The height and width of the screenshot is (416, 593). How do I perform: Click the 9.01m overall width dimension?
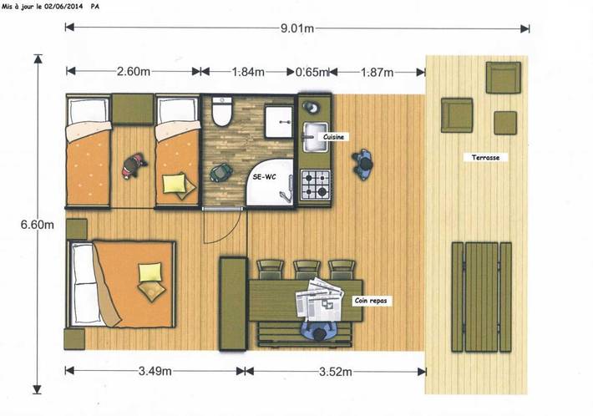click(296, 28)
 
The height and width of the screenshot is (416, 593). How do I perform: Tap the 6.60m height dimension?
click(37, 225)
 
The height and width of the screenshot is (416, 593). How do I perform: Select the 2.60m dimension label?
click(134, 72)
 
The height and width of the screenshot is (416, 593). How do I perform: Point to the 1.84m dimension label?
click(248, 72)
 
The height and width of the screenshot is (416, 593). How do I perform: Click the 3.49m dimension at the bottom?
click(155, 371)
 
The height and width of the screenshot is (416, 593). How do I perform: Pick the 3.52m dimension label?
click(336, 372)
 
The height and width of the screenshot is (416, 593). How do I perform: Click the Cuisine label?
click(333, 137)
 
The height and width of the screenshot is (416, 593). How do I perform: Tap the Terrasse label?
click(485, 157)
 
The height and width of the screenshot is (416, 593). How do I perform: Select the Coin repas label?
click(371, 301)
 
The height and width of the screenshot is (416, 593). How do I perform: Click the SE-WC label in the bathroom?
click(265, 176)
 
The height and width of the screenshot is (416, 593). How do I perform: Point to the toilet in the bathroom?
click(221, 111)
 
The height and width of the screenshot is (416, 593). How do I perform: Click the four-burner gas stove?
click(316, 185)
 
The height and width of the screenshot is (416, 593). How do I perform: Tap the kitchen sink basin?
click(315, 137)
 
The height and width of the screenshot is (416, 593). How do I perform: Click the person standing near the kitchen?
click(363, 165)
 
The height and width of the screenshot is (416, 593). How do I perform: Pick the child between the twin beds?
click(134, 165)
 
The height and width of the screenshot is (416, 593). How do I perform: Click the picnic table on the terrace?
click(481, 297)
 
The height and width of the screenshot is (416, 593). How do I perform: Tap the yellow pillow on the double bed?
click(150, 272)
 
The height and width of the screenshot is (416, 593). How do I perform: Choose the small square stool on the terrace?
click(505, 123)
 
